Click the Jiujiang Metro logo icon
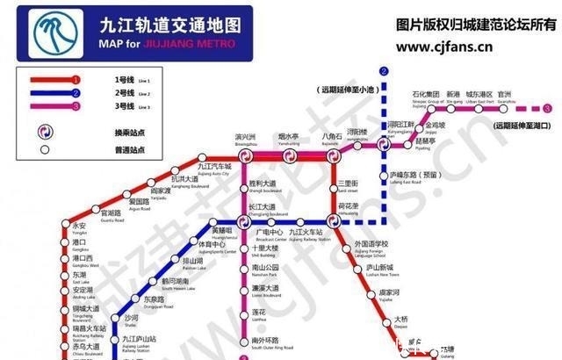54,29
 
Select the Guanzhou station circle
504,108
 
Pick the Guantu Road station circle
94,213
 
